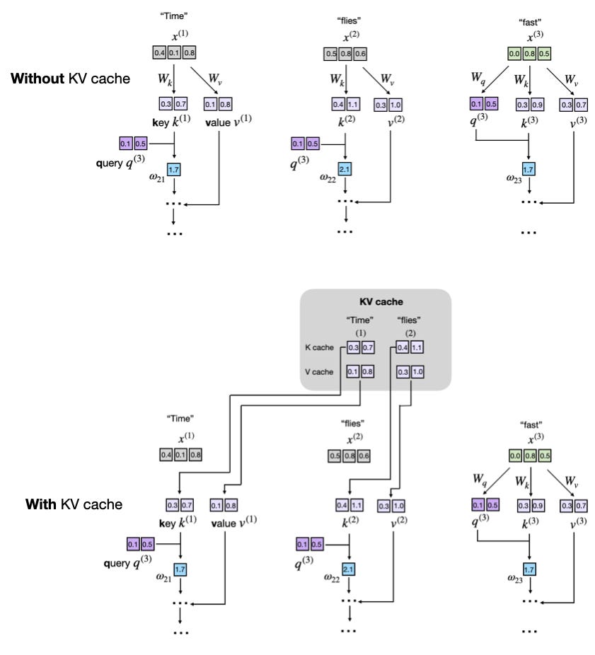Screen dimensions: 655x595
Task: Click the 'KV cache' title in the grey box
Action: point(376,302)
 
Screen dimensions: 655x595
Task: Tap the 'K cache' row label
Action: point(318,348)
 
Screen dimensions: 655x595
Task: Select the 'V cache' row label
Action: point(318,371)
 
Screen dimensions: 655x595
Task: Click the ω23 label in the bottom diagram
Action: point(516,578)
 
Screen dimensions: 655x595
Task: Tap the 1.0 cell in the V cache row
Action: point(416,371)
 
